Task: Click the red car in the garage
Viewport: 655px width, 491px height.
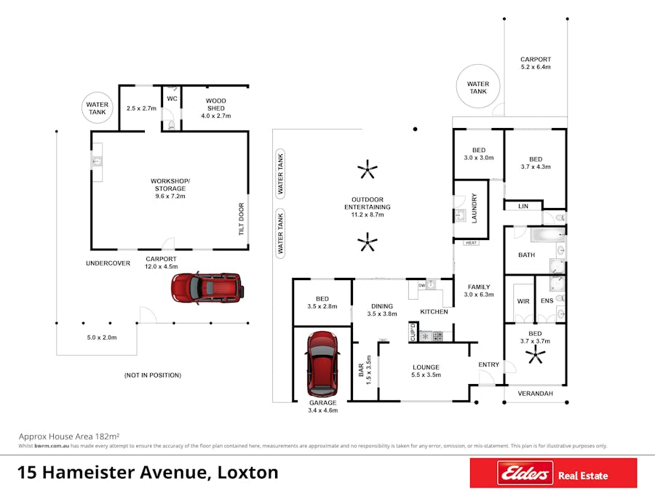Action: pyautogui.click(x=322, y=364)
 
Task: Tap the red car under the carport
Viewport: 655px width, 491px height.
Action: pyautogui.click(x=207, y=288)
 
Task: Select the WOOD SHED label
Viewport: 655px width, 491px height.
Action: pyautogui.click(x=216, y=104)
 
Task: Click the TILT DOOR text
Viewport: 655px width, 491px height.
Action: pyautogui.click(x=241, y=219)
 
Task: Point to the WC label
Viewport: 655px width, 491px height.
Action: pyautogui.click(x=172, y=98)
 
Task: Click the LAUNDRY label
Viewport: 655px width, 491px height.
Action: pyautogui.click(x=474, y=208)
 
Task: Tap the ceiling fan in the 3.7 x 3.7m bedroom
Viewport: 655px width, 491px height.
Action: pyautogui.click(x=535, y=356)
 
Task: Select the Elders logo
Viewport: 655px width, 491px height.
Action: pyautogui.click(x=525, y=473)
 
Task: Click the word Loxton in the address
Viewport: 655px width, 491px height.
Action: pyautogui.click(x=247, y=472)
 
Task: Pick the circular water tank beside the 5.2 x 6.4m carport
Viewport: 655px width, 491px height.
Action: pyautogui.click(x=478, y=86)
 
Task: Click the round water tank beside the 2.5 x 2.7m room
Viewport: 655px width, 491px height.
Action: pyautogui.click(x=98, y=108)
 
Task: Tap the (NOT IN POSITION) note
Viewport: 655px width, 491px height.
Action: pyautogui.click(x=153, y=375)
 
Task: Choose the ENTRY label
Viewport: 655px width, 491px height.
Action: pyautogui.click(x=489, y=364)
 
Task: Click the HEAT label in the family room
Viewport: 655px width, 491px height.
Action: pyautogui.click(x=471, y=242)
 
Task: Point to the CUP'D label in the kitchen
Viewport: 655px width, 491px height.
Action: pyautogui.click(x=413, y=332)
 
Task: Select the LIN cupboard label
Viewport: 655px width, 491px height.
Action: pyautogui.click(x=523, y=207)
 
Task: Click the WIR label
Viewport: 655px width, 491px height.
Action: pyautogui.click(x=523, y=301)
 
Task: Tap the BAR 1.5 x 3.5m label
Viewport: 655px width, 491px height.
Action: pyautogui.click(x=365, y=370)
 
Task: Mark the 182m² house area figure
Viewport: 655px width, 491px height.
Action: pyautogui.click(x=108, y=436)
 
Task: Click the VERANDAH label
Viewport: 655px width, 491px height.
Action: pyautogui.click(x=535, y=394)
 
